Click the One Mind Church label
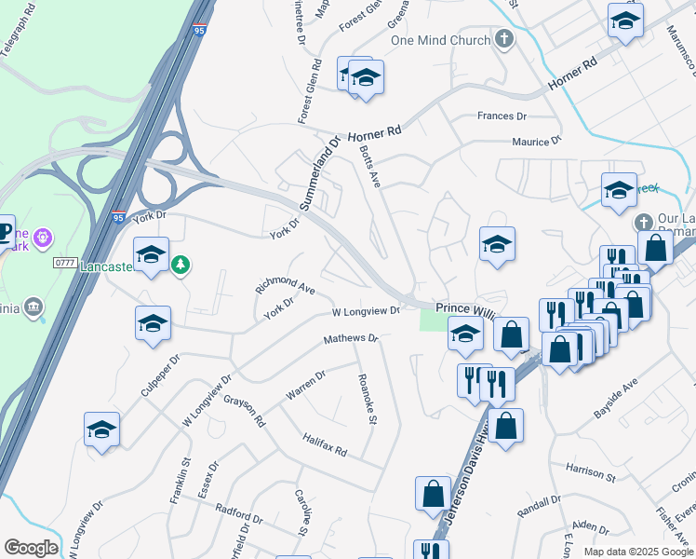pos(440,40)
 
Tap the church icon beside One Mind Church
pos(504,39)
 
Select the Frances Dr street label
pos(502,116)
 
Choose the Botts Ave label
pos(371,165)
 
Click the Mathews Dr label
pos(351,339)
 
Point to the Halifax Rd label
pos(324,445)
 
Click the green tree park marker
pos(181,266)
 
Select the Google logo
pos(31,548)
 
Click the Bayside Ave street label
pos(617,399)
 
